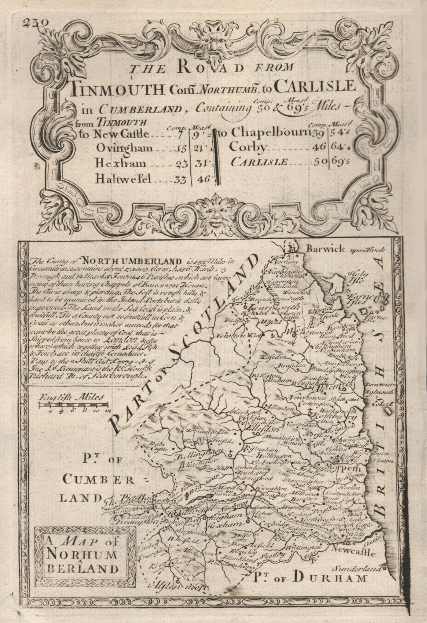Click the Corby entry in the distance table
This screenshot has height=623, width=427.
pos(248,147)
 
